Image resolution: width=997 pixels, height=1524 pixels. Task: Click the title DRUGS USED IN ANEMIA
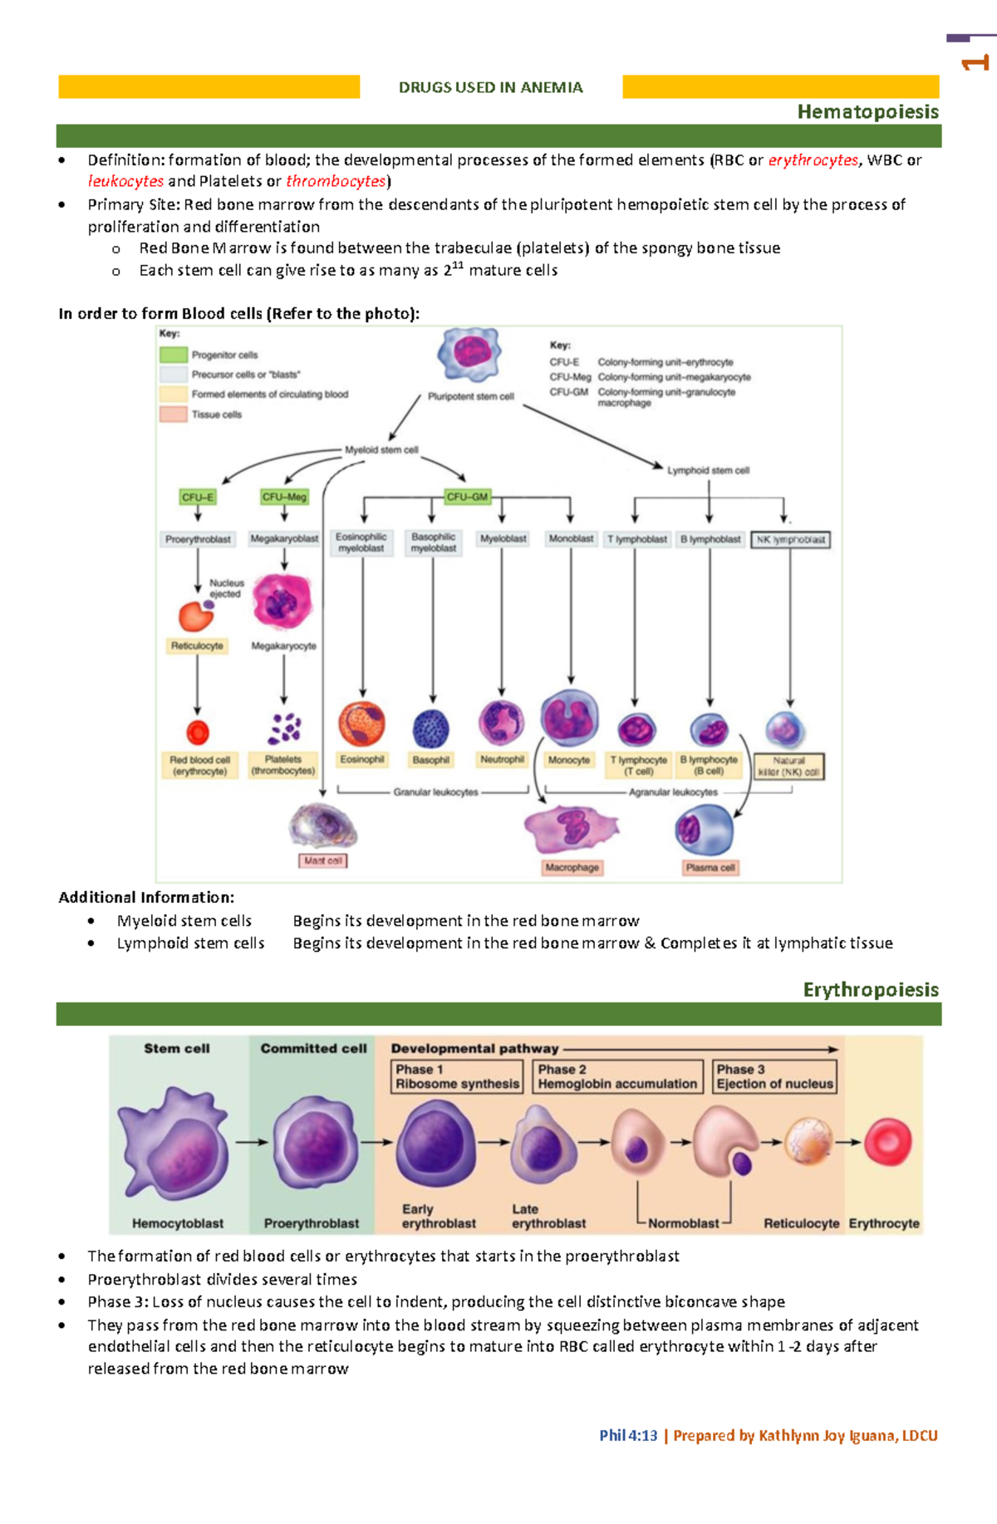[490, 87]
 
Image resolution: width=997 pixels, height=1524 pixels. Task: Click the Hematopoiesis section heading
[867, 111]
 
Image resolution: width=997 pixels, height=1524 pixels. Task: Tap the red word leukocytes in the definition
[125, 181]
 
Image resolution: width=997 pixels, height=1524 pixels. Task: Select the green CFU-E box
[198, 497]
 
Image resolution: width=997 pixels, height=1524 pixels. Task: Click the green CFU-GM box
[467, 497]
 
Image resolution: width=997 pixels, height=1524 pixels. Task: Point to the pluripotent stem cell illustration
[469, 355]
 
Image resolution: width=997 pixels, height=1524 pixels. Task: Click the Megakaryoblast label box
[284, 539]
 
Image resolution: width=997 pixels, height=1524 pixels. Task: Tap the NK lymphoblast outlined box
[790, 540]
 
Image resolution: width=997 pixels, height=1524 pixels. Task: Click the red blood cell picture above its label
[198, 733]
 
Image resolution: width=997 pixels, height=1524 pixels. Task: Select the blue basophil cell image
[431, 729]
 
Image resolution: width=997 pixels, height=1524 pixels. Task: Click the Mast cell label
[323, 860]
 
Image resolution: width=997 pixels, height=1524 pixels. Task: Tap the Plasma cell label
[710, 867]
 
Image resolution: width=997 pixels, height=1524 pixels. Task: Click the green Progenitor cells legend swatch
[173, 355]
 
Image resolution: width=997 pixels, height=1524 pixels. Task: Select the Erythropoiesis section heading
[870, 989]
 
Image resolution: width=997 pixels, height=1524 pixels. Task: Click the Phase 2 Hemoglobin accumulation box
[617, 1076]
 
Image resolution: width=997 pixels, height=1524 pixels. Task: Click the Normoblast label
[683, 1223]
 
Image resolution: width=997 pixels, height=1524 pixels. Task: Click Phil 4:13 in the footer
[628, 1435]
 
